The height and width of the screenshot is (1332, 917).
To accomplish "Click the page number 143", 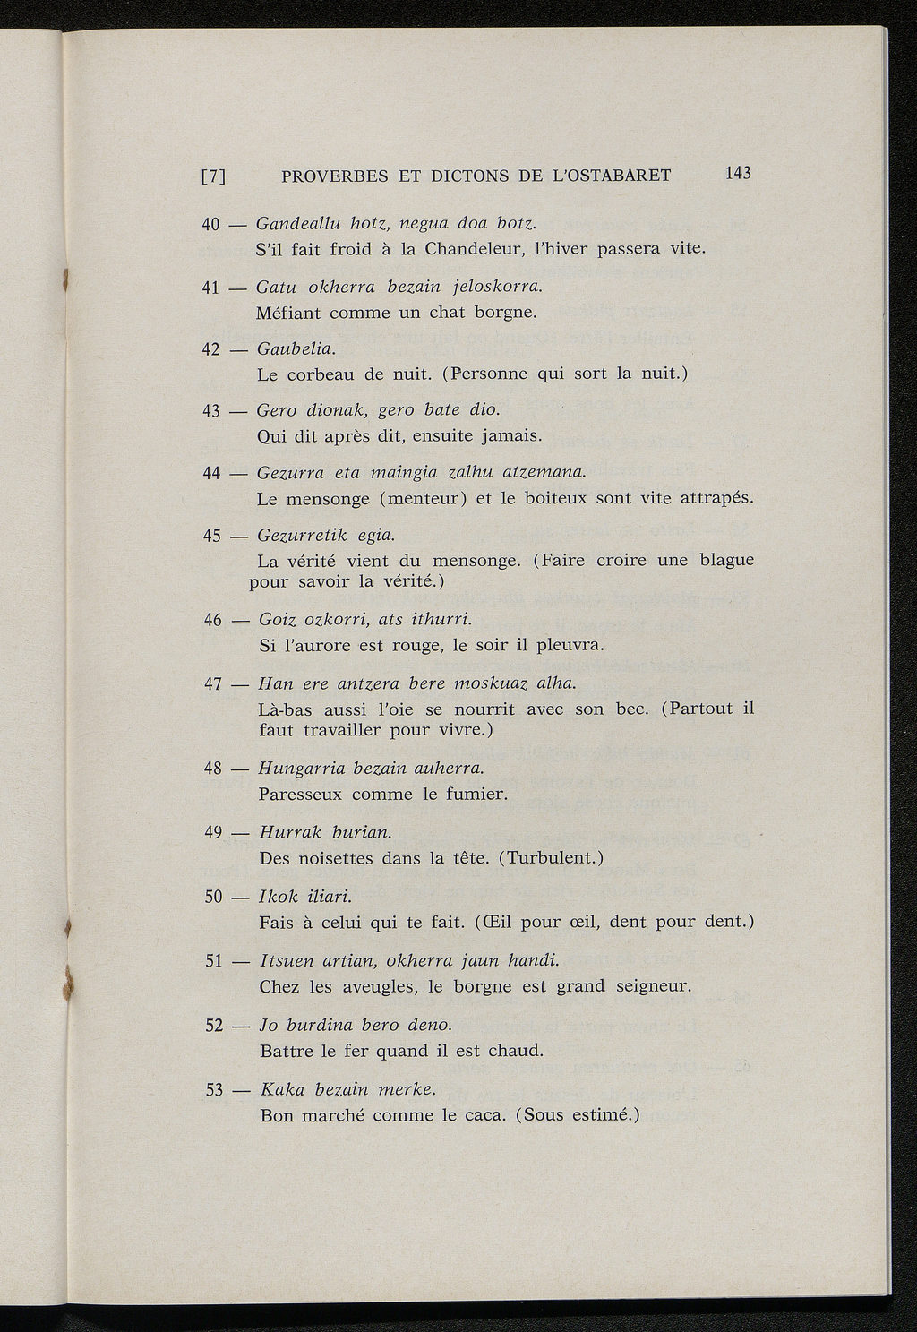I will click(739, 173).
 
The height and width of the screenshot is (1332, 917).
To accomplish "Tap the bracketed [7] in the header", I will click(211, 176).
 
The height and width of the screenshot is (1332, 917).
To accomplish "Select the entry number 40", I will click(210, 224).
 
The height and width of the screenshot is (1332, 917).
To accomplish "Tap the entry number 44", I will click(212, 473).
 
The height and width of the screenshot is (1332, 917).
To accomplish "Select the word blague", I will click(727, 560).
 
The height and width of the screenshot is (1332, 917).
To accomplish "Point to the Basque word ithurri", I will click(441, 620).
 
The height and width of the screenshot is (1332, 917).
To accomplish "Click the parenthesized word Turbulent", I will click(551, 858).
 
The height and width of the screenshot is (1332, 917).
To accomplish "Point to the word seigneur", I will click(654, 987).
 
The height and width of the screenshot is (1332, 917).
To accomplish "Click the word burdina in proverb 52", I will click(315, 1025).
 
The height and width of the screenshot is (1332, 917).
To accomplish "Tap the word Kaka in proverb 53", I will click(280, 1089).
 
